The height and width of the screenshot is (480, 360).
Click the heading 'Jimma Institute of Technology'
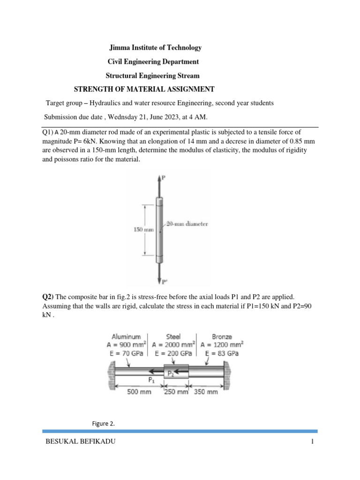pos(155,47)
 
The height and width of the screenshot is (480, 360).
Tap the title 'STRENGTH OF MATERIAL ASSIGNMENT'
pos(144,89)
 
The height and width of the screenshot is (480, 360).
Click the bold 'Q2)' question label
pos(48,296)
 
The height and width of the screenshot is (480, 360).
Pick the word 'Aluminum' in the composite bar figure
pos(127,337)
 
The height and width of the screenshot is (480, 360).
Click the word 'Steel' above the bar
pos(173,337)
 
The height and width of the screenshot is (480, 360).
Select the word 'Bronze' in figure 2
pos(222,337)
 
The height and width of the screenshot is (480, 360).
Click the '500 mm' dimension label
pos(139,391)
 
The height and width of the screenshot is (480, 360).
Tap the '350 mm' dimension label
pos(206,391)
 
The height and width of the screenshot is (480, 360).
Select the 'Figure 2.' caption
pos(103,424)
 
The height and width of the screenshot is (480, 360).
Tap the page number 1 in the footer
pos(311,442)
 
